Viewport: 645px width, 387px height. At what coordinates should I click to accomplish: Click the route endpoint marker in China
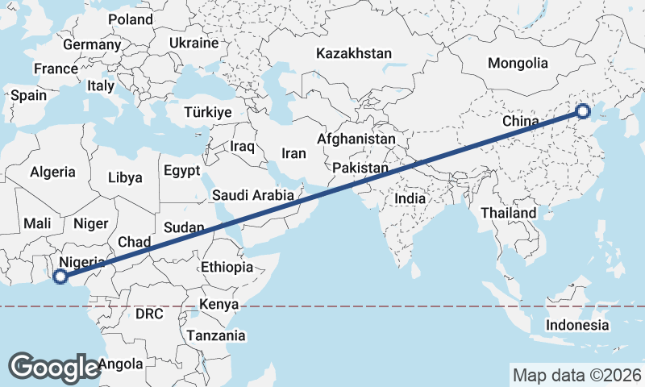582,111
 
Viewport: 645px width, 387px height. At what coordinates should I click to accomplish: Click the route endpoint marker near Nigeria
59,277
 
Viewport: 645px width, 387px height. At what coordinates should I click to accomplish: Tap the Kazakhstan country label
354,54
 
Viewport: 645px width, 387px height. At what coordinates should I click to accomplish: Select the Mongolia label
518,63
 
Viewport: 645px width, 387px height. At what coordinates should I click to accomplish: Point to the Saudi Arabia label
252,195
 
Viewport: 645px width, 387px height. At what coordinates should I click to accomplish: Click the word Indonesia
577,325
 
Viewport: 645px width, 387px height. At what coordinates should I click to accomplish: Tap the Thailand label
509,213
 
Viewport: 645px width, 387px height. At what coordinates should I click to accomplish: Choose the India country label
410,198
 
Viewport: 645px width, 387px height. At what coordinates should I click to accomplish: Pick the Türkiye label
207,112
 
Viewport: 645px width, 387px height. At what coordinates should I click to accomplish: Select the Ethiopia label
227,267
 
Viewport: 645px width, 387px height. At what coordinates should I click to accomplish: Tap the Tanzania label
215,335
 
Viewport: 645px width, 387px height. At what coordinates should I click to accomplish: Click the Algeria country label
52,172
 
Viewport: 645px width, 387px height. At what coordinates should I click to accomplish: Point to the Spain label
28,95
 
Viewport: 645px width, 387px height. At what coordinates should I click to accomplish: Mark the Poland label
130,19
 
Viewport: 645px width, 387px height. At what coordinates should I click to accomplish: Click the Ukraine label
193,43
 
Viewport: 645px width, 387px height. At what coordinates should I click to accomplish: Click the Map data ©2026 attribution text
576,375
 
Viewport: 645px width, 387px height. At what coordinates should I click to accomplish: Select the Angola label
122,364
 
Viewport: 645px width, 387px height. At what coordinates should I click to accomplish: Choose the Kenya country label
219,304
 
